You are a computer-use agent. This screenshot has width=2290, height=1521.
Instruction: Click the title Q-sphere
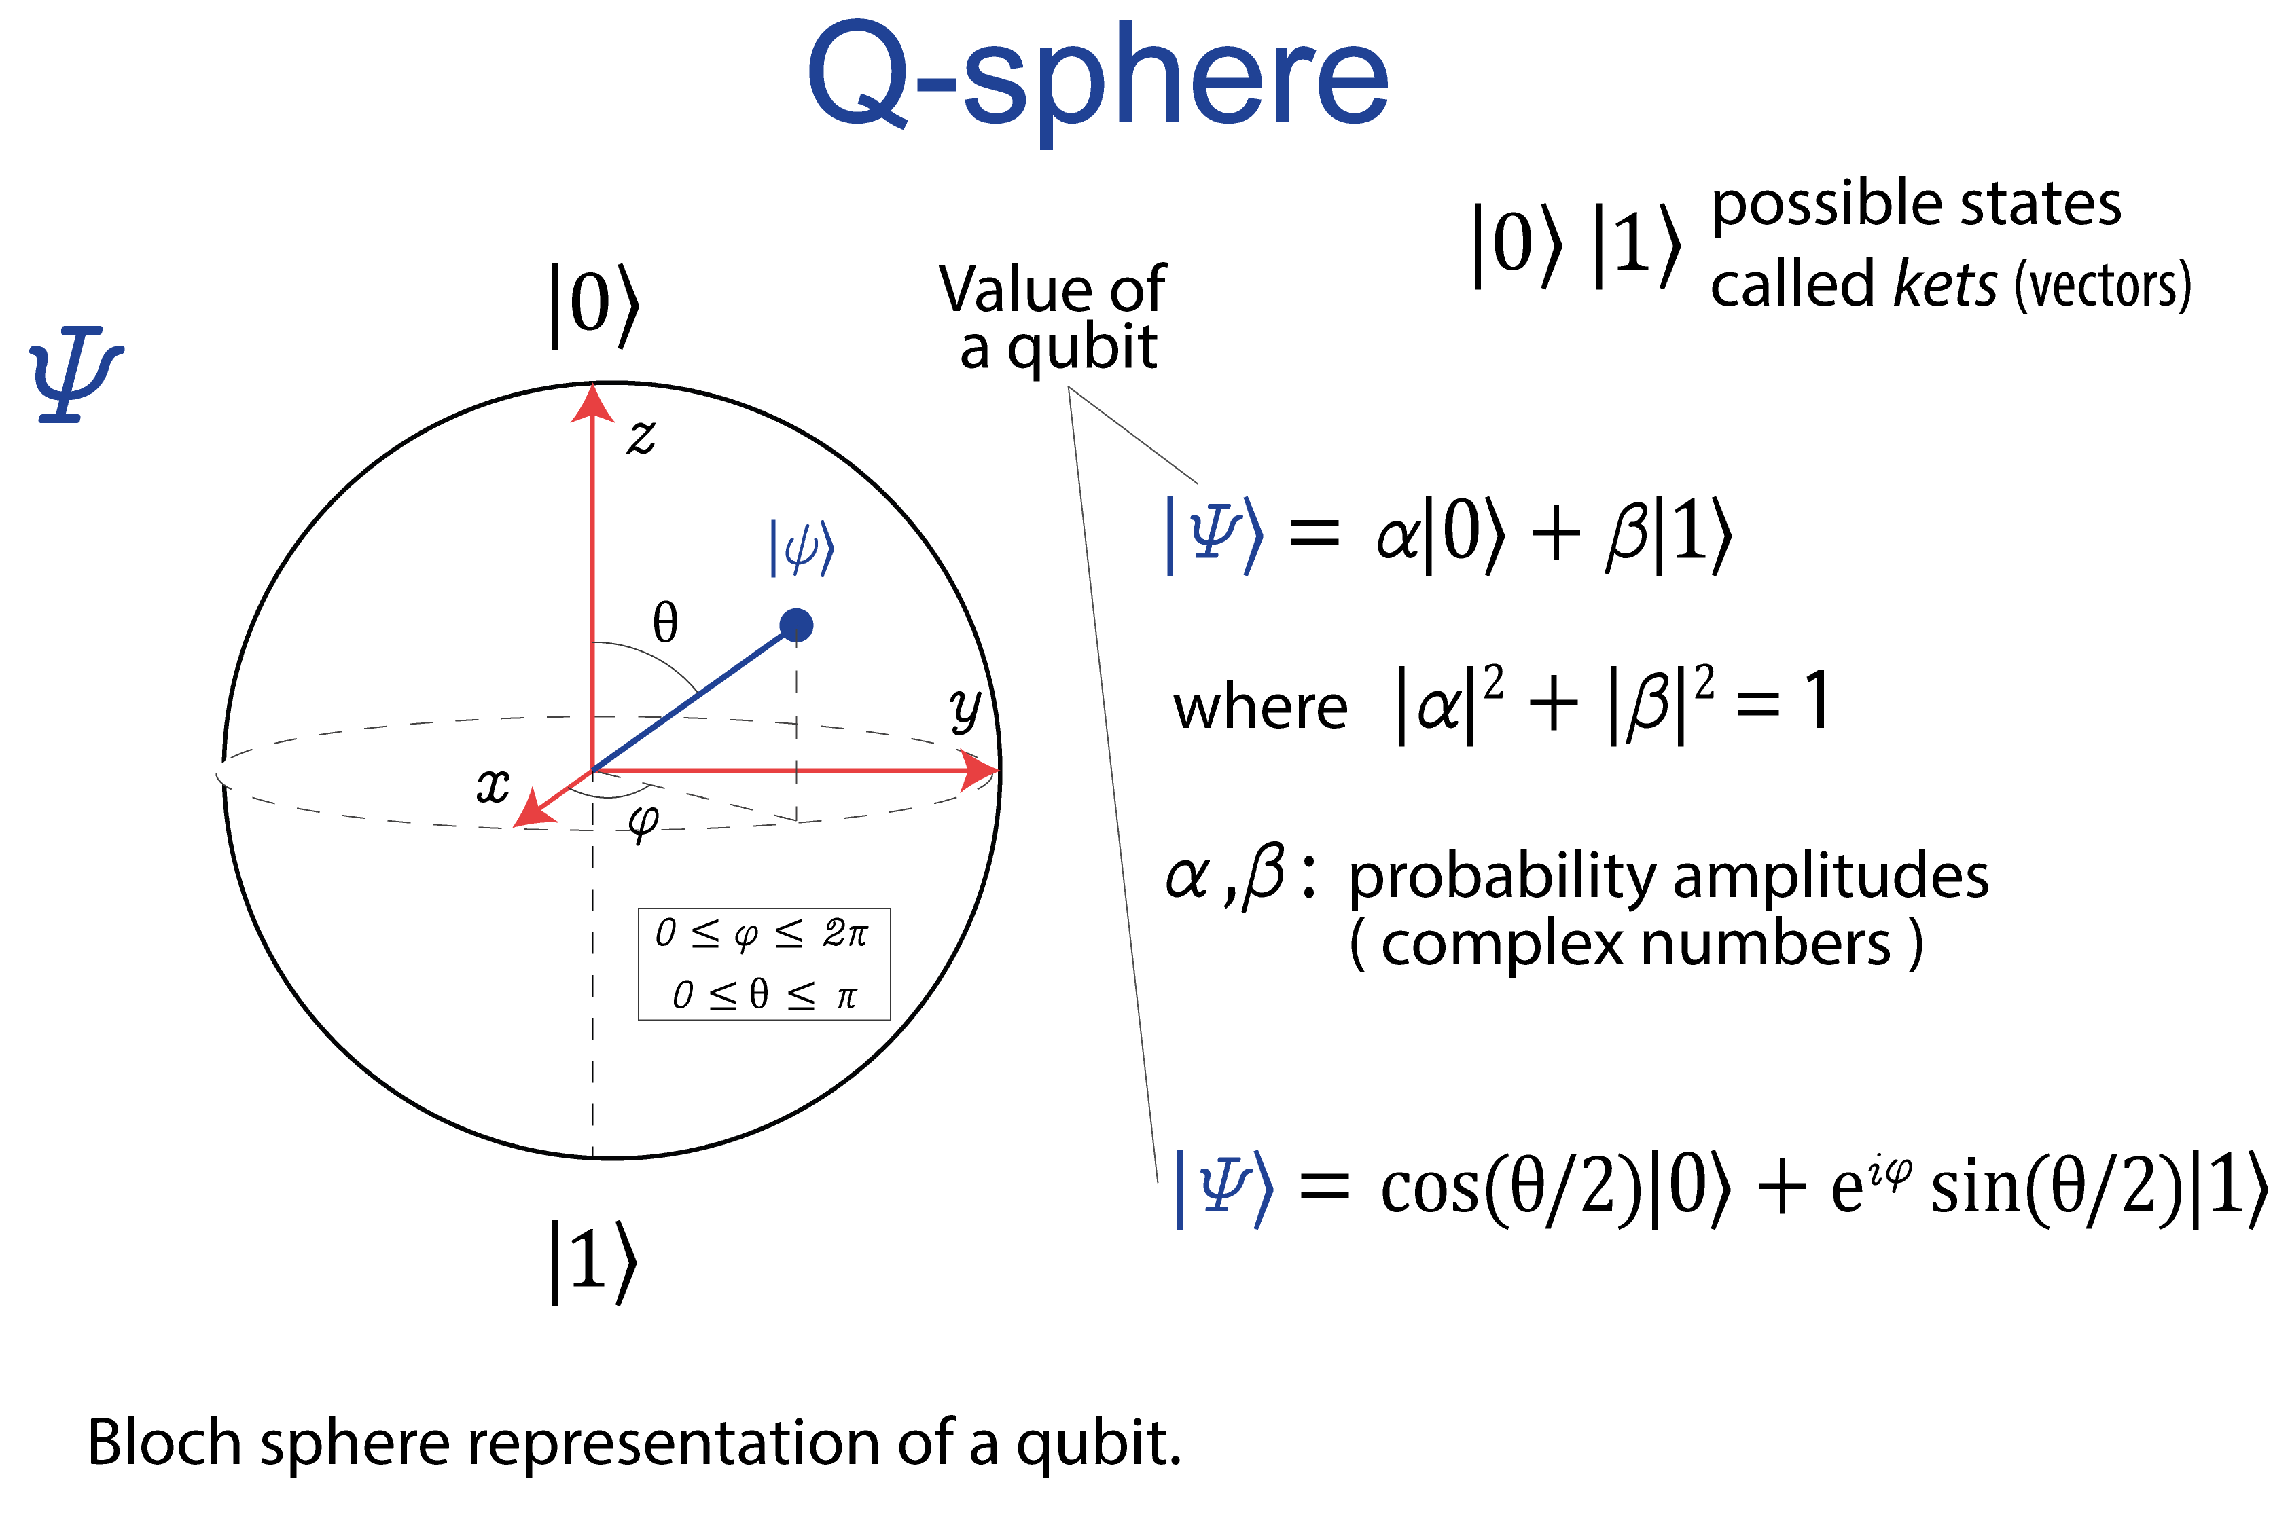pyautogui.click(x=1096, y=77)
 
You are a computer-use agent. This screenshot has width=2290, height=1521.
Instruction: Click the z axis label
pyautogui.click(x=641, y=437)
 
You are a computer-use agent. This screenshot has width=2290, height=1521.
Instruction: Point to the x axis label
pyautogui.click(x=493, y=785)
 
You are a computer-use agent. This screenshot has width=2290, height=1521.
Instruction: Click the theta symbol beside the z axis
pyautogui.click(x=664, y=622)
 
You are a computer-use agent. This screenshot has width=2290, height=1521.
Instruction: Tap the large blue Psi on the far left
pyautogui.click(x=75, y=373)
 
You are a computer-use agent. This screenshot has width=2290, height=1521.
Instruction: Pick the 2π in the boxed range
pyautogui.click(x=845, y=933)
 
